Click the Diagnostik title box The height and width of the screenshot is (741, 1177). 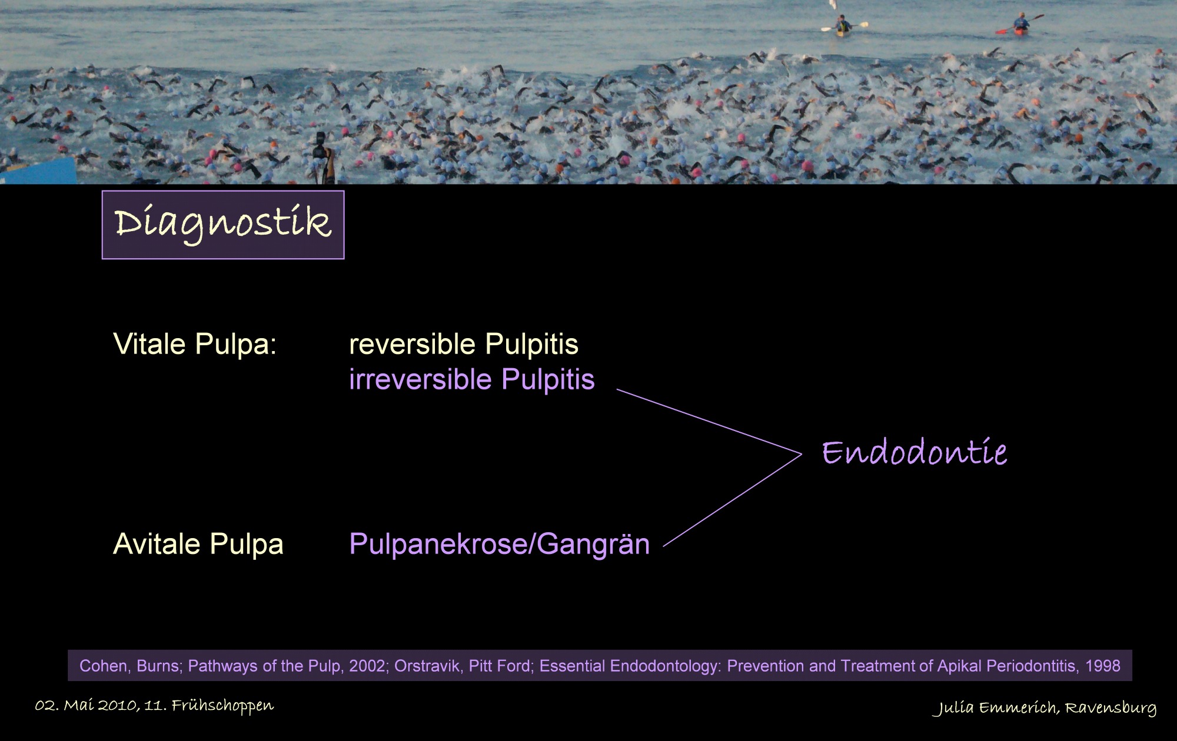(x=223, y=225)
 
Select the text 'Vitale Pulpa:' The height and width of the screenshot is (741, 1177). (x=195, y=344)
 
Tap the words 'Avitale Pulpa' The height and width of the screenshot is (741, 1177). (x=198, y=544)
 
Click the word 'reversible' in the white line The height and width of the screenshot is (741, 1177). (x=413, y=344)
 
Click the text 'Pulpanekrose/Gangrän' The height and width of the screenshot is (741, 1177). (x=500, y=545)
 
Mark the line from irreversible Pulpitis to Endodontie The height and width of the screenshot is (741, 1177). (x=709, y=422)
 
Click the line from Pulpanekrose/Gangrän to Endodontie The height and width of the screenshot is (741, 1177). (x=733, y=500)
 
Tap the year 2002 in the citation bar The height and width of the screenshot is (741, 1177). (x=368, y=666)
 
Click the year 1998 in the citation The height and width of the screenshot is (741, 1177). (x=1103, y=666)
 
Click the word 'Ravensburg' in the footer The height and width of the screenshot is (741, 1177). (x=1110, y=708)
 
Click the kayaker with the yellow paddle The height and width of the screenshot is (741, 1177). (x=844, y=26)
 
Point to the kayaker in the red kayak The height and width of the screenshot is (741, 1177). (x=1020, y=24)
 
